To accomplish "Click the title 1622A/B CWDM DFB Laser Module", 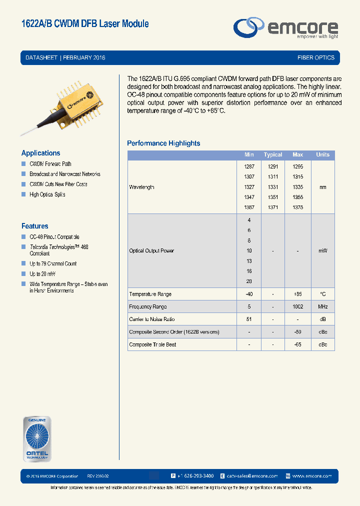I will click(85, 23).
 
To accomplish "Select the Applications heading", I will click(40, 153).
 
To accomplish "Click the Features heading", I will click(34, 226).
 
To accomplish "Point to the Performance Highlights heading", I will click(163, 143).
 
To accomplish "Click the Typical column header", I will click(273, 155).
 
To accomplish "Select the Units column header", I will click(322, 155).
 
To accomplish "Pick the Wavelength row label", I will click(141, 187).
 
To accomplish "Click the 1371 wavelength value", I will click(273, 207).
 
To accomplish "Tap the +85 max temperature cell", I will click(297, 294).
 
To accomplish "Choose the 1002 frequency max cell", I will click(297, 306).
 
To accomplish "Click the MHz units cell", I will click(322, 306).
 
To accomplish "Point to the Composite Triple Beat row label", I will click(152, 344).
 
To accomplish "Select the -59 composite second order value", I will click(297, 332).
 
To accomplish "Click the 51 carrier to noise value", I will click(249, 319).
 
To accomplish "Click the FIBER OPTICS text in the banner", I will click(315, 57).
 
